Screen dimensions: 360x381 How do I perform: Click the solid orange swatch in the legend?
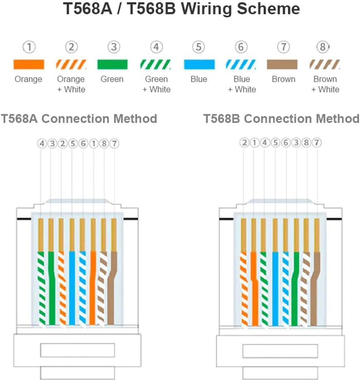point(29,64)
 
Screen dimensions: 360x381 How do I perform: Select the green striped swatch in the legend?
point(156,64)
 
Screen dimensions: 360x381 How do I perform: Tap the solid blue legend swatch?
point(199,64)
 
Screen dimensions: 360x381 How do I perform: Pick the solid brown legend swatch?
point(282,64)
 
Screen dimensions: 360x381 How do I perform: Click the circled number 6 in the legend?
point(241,47)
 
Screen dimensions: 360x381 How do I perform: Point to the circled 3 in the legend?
point(114,47)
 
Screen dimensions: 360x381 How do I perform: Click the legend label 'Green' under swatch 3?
point(112,79)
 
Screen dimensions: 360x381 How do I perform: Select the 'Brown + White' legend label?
point(325,84)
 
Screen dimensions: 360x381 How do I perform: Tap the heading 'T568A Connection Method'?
point(79,119)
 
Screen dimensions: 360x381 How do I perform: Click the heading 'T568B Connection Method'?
point(281,119)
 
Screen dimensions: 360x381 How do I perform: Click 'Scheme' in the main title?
point(268,9)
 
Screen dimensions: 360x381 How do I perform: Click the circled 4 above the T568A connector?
point(42,144)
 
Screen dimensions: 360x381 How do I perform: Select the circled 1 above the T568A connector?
point(94,144)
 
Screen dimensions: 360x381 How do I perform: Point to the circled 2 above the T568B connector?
point(244,142)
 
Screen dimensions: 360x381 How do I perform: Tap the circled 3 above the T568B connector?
point(296,142)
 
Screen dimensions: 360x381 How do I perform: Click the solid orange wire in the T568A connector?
point(93,288)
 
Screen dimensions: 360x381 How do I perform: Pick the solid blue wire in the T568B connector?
point(275,289)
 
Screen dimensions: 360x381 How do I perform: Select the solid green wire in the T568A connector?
point(52,288)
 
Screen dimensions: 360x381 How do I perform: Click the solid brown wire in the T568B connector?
point(315,289)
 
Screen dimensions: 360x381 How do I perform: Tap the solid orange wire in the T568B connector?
point(254,289)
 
